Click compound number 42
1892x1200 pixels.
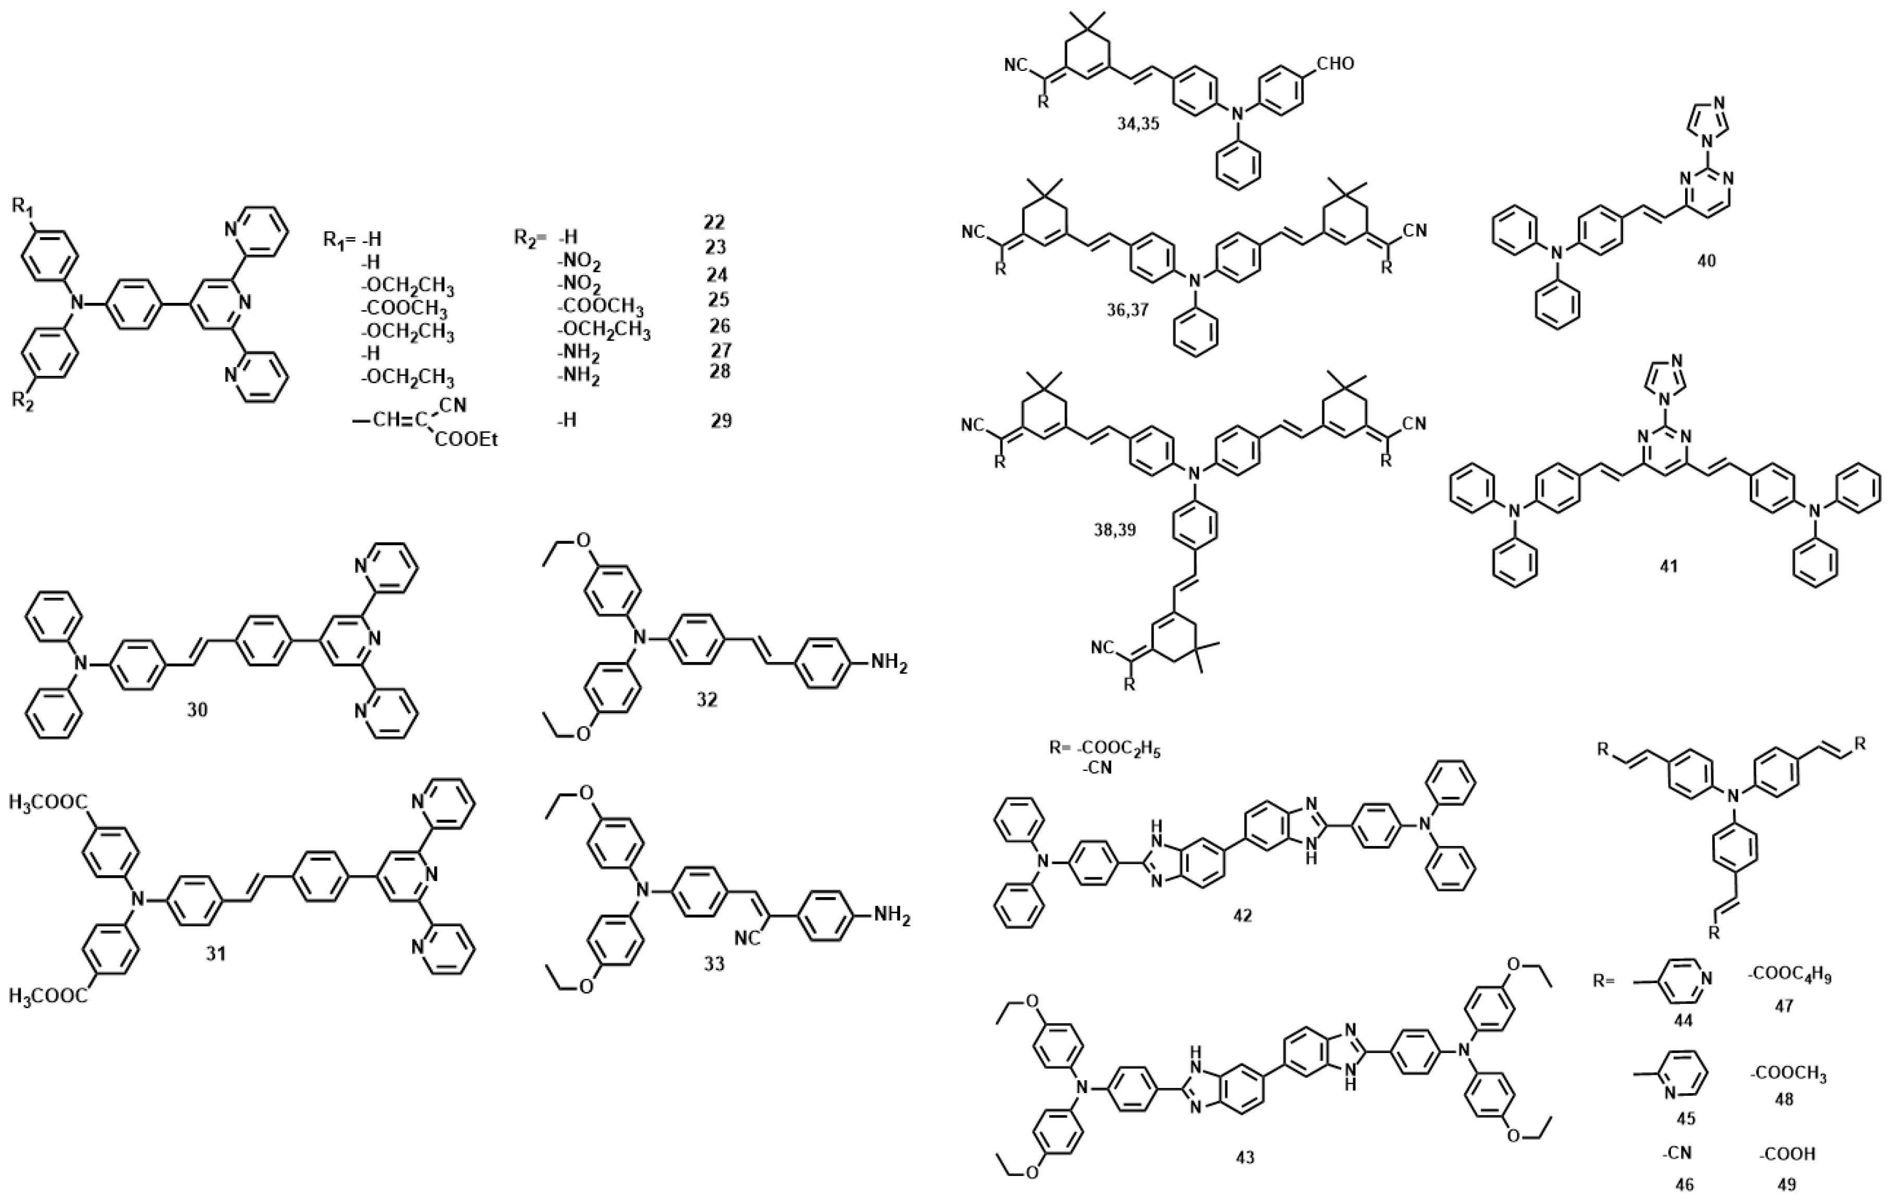click(1242, 915)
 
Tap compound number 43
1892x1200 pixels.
click(1245, 1157)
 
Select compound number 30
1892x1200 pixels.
click(197, 709)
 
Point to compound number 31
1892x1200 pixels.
click(216, 953)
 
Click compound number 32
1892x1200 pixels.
click(706, 699)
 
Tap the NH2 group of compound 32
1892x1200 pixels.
click(889, 666)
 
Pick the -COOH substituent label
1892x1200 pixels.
click(1788, 1154)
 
